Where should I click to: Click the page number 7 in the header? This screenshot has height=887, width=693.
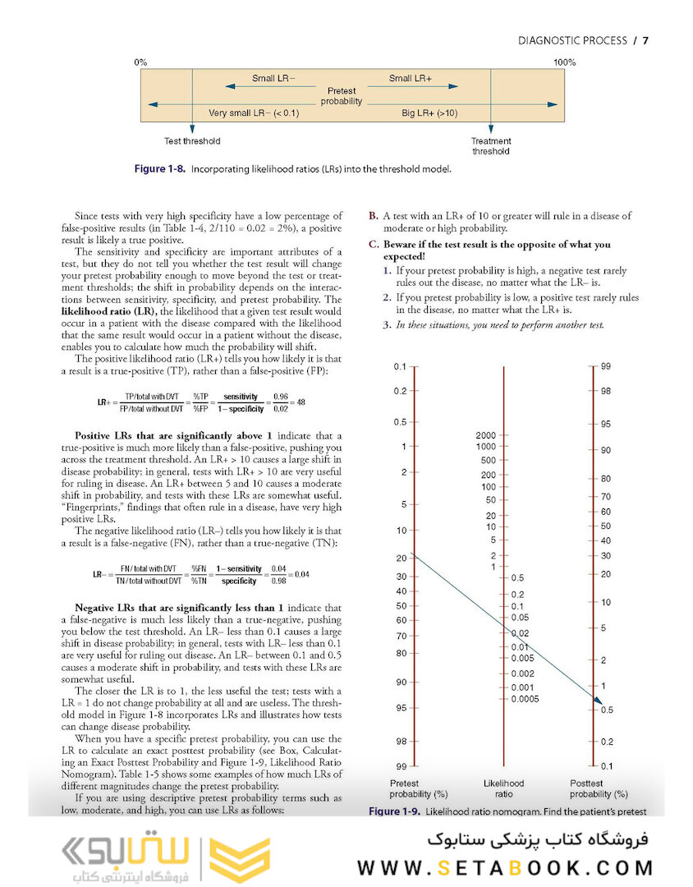pos(645,40)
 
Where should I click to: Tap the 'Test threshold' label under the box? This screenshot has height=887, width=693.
pos(192,140)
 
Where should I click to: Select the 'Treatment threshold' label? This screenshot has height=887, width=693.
pos(491,145)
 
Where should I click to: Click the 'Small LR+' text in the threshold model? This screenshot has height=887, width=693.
pos(411,79)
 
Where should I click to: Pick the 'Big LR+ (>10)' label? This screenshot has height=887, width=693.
pos(429,113)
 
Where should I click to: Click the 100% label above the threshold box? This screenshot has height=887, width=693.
pos(564,62)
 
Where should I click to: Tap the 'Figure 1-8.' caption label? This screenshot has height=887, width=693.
pos(160,169)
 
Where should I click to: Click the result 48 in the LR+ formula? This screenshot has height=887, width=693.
pos(301,402)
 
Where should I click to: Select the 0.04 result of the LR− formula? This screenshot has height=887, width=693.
pos(301,574)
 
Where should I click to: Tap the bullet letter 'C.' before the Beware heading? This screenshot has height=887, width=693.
pos(374,245)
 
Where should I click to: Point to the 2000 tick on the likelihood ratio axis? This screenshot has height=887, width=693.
pos(485,434)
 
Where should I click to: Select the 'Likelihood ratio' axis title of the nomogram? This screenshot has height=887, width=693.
pos(503,788)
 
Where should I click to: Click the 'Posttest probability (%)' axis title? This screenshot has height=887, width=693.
pos(599,788)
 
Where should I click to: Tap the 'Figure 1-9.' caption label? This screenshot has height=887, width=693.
pos(394,811)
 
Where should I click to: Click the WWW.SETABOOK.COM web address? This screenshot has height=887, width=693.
pos(505,867)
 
